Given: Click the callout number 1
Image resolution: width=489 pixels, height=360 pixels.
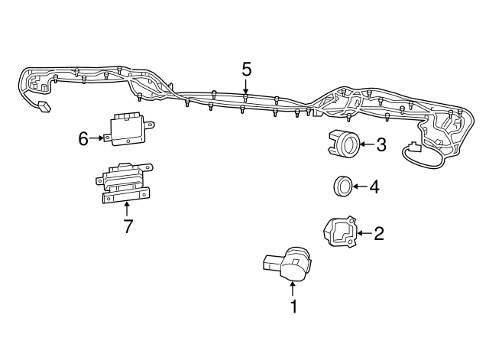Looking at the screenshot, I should tap(292, 307).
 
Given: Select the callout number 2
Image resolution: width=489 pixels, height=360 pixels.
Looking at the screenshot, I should tap(378, 233).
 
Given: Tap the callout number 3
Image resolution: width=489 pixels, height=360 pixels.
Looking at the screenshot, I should tap(381, 144).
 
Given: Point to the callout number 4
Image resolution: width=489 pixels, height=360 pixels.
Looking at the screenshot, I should tap(374, 186).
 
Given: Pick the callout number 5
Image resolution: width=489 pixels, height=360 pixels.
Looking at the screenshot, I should tap(246, 70).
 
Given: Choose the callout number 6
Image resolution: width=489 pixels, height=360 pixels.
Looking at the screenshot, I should tap(83, 138).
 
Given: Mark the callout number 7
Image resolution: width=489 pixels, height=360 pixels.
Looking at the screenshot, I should tap(128, 226).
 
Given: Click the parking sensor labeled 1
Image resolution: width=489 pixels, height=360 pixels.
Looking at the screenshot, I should tap(290, 264).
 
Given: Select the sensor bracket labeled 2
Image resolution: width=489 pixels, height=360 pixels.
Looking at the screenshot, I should tap(338, 231).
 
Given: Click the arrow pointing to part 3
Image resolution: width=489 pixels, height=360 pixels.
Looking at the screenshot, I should tap(366, 144).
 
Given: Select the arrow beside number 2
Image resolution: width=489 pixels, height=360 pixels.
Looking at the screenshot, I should tap(363, 233).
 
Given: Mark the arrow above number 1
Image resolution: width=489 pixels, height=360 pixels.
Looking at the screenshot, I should tap(292, 288).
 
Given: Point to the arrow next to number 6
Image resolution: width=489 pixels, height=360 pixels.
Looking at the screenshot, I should tap(98, 138).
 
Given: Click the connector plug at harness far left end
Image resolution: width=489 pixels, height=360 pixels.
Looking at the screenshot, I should tap(44, 107).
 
